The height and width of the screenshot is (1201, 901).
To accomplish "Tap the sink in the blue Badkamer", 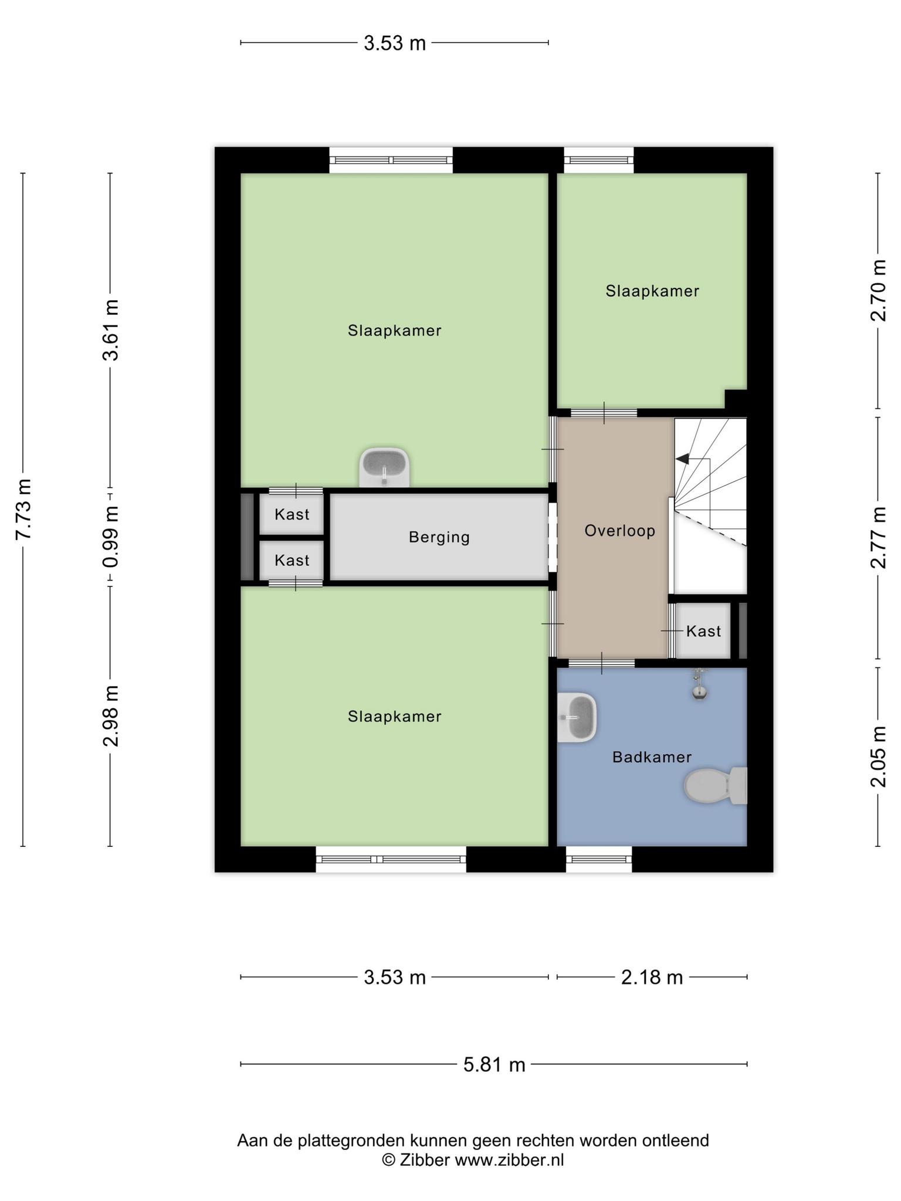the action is click(577, 718).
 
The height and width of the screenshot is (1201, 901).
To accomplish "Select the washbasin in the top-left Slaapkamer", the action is click(384, 467).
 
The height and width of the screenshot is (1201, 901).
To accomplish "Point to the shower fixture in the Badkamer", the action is click(698, 684).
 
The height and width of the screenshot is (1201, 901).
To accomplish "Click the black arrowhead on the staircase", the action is click(683, 459).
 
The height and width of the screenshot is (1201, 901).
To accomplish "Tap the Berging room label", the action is click(439, 537).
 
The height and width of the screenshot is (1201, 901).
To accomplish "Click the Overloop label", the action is click(619, 531).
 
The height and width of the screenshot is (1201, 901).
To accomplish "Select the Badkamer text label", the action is click(652, 757).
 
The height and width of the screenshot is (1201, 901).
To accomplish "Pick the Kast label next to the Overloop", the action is click(703, 631).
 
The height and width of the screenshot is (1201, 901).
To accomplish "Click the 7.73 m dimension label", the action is click(23, 510).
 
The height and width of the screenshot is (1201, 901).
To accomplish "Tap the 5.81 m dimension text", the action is click(494, 1064).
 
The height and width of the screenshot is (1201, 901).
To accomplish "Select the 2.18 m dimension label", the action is click(652, 978).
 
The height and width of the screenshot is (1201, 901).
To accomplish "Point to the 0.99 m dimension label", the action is click(110, 537).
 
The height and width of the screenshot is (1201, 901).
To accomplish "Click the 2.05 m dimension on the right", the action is click(878, 756).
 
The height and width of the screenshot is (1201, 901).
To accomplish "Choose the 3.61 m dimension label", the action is click(110, 330).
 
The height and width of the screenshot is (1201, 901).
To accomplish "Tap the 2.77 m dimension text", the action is click(878, 538).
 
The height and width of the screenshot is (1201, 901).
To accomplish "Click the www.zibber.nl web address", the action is click(509, 1159).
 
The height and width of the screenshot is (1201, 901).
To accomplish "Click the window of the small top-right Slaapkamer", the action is click(599, 160).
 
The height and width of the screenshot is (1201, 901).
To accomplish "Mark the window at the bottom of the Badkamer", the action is click(599, 859).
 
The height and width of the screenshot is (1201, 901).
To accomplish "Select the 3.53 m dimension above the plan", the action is click(394, 43).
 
